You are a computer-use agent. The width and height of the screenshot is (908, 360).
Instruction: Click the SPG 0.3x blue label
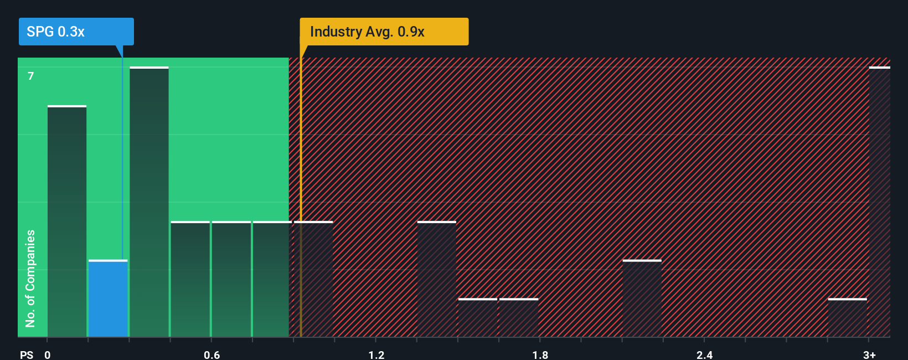pos(76,32)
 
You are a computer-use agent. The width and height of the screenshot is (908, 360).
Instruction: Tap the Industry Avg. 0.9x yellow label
pos(384,32)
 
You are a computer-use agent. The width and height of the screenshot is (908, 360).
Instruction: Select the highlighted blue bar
pos(108,299)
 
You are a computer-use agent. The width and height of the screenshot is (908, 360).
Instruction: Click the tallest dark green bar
pos(149,202)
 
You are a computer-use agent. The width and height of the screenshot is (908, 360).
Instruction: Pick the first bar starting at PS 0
pos(67,222)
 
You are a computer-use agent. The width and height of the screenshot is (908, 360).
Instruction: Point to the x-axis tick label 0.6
pos(212,354)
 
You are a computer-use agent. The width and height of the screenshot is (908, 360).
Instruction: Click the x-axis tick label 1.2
pos(376,354)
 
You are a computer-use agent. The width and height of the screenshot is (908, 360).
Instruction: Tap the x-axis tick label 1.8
pos(540,354)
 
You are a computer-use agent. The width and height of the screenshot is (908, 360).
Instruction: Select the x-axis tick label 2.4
pos(705,354)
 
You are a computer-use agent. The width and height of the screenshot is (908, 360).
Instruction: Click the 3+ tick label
pos(869,354)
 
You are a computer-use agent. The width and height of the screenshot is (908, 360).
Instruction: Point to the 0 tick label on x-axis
pos(48,354)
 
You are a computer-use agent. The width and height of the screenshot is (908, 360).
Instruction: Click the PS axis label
pos(27,354)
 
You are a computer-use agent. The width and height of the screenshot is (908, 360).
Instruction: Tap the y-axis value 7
pos(31,76)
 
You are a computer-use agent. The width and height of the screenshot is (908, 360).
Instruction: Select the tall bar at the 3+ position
pos(879,202)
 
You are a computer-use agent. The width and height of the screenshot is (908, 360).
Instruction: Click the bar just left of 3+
pos(847,318)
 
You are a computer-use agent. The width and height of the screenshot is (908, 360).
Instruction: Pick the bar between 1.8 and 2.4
pos(642,299)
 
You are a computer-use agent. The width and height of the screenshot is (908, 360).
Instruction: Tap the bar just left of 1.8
pos(519,318)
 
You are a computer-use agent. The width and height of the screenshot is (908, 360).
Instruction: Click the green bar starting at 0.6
pos(231,279)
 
